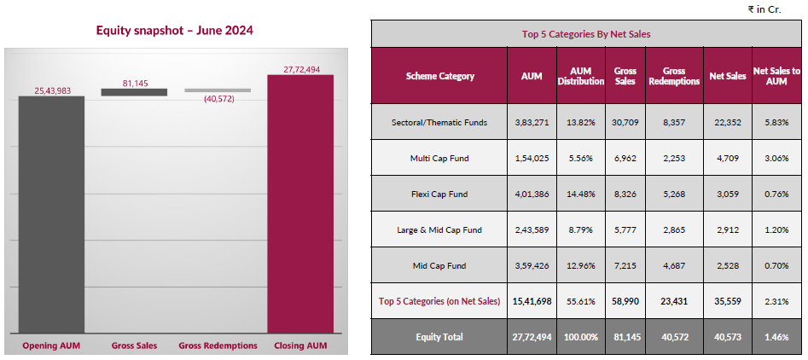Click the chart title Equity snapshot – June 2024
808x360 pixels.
coord(174,31)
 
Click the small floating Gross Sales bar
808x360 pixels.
coord(134,92)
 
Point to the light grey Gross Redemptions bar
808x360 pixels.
coord(218,90)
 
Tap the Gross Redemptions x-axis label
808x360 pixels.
coord(218,345)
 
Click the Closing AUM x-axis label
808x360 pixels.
coord(299,345)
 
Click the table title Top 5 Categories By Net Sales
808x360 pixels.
coord(586,34)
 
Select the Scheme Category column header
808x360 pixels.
coord(439,76)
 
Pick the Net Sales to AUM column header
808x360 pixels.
coord(776,76)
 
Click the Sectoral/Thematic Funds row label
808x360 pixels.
coord(439,122)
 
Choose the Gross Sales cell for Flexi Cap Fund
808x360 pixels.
coord(625,194)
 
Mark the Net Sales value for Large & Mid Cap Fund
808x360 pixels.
coord(728,229)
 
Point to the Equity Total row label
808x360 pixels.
coord(439,337)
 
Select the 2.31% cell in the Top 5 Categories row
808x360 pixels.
coord(776,301)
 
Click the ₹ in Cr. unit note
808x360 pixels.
coord(764,9)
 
